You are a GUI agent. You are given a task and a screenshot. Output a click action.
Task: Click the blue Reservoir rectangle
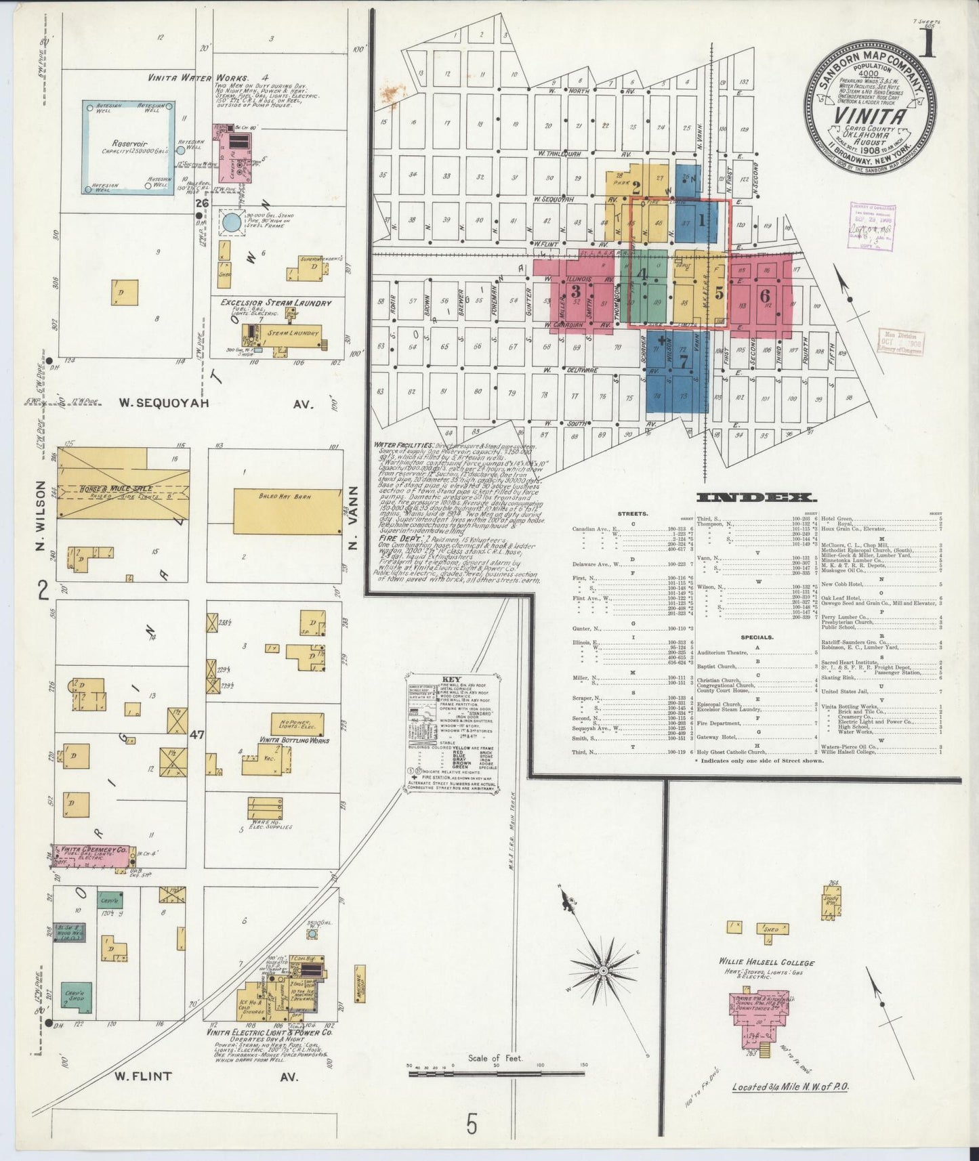[129, 148]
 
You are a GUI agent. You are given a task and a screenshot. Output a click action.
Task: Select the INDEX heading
[757, 498]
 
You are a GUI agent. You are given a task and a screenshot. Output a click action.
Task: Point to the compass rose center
[602, 971]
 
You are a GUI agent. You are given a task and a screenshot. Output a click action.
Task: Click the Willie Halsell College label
[767, 963]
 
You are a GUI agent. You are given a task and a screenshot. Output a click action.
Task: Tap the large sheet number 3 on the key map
[576, 292]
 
